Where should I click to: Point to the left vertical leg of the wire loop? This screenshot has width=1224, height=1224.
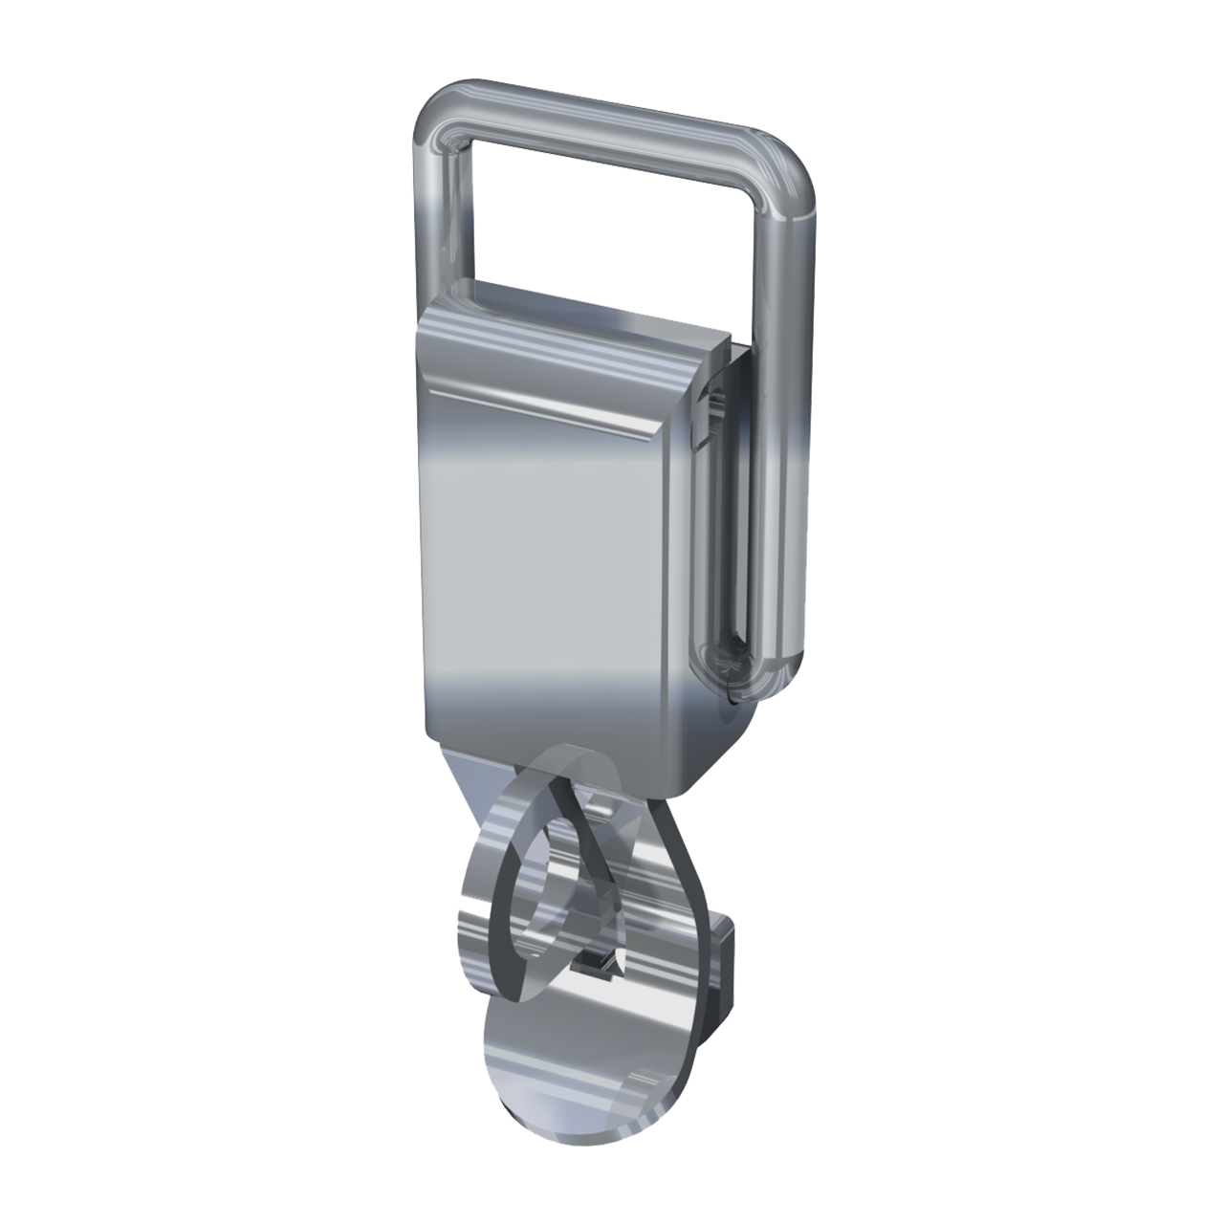point(434,220)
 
